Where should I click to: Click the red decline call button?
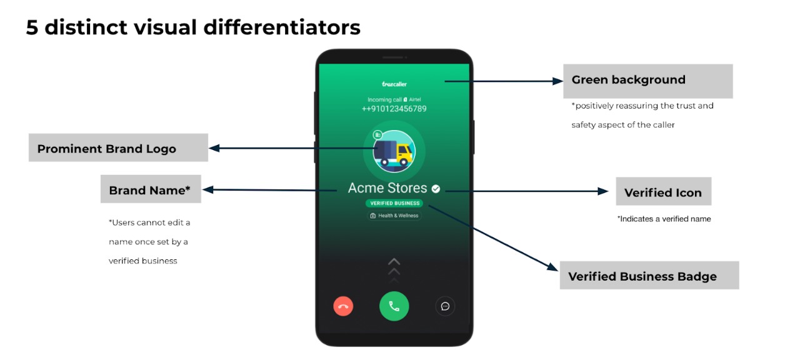[343, 306]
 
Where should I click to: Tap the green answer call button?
[394, 306]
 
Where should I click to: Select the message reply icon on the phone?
[445, 306]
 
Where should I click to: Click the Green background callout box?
[648, 81]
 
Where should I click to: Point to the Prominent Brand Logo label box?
[118, 148]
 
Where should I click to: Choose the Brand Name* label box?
[151, 189]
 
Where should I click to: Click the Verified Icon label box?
[664, 191]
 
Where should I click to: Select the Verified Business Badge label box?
[649, 276]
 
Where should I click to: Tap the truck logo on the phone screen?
[394, 151]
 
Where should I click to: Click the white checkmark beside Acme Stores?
[436, 189]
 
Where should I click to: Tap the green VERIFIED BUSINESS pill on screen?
[394, 203]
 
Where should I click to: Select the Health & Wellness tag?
[394, 216]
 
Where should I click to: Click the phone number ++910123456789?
[394, 109]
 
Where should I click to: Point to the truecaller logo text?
[394, 84]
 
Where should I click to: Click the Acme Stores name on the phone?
[387, 188]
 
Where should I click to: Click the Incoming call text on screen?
[384, 99]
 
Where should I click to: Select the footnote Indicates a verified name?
[664, 219]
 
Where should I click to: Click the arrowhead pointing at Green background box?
[557, 81]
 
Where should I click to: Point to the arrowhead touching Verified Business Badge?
[553, 267]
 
